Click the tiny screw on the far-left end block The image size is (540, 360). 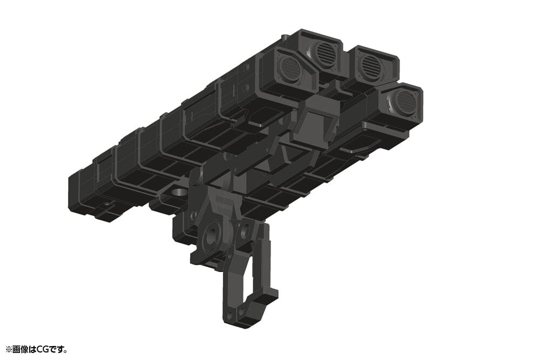click(108, 204)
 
